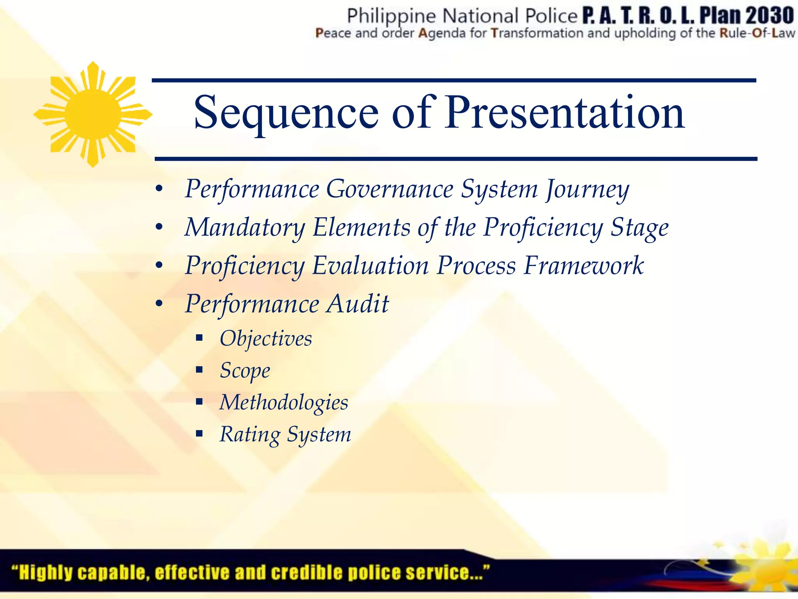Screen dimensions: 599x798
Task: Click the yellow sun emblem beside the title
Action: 93,114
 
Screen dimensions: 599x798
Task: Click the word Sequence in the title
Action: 286,113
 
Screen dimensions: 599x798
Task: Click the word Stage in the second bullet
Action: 639,228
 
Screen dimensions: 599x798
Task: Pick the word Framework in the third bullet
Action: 583,266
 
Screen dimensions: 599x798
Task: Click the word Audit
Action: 357,304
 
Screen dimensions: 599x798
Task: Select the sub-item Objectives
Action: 266,338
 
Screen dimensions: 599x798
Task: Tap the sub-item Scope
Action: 245,370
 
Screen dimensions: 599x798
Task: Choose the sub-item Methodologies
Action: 284,402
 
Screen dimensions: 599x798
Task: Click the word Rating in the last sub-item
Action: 250,434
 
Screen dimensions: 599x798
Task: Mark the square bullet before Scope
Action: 199,370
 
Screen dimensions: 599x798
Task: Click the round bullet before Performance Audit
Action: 159,304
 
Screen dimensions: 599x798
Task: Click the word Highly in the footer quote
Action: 46,572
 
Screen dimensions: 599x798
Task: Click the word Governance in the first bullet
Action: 390,190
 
